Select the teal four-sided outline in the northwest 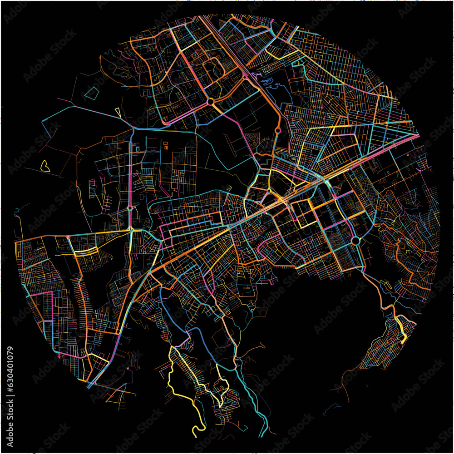[92, 94]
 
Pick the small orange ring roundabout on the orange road [277, 130]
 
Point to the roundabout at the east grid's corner [356, 240]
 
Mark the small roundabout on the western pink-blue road [130, 208]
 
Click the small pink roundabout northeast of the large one [245, 78]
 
